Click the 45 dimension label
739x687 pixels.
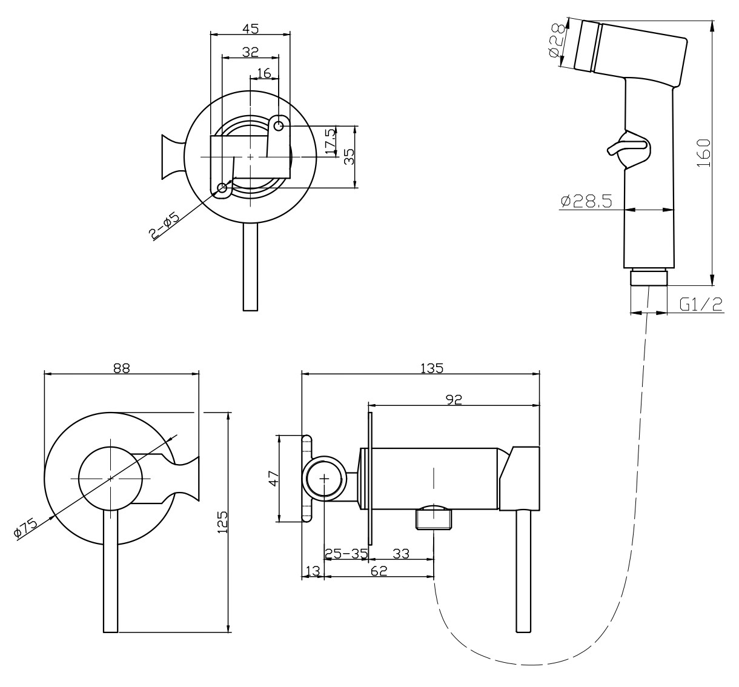click(250, 28)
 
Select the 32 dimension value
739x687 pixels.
click(250, 51)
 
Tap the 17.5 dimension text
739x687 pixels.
click(330, 141)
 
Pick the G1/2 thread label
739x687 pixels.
click(701, 304)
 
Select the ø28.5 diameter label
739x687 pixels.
click(585, 201)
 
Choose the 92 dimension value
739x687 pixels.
click(454, 398)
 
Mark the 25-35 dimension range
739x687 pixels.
click(346, 553)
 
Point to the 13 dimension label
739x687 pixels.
click(313, 570)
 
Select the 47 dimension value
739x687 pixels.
click(273, 478)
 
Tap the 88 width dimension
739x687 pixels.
click(122, 368)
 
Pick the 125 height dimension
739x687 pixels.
click(222, 522)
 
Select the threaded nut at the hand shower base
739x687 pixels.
click(649, 278)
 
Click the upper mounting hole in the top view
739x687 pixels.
click(279, 126)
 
